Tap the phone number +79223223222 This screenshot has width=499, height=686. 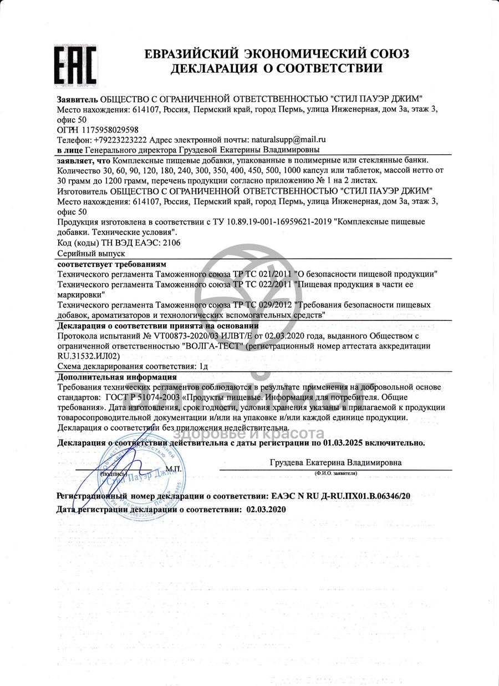[120, 140]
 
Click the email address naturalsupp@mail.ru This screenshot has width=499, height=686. [288, 140]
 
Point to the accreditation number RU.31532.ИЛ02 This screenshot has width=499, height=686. [88, 356]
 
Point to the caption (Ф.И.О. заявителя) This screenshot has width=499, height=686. [335, 473]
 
